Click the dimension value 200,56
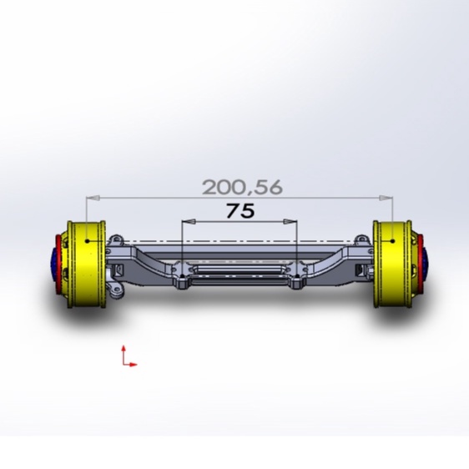[242, 187]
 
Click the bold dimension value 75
[240, 211]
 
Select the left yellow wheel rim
[85, 263]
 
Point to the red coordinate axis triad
[127, 356]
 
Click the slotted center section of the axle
[240, 272]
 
